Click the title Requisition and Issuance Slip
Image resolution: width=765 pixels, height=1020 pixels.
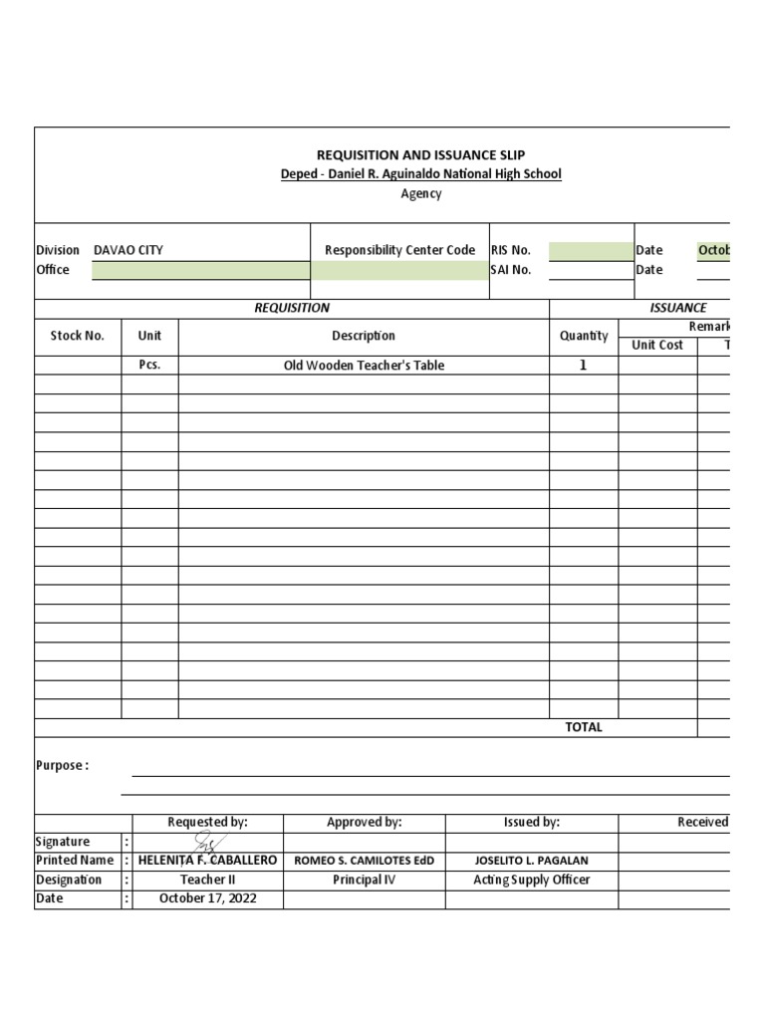point(420,154)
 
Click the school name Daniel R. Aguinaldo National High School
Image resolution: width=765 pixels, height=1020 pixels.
point(420,174)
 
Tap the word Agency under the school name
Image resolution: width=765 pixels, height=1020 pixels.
point(420,194)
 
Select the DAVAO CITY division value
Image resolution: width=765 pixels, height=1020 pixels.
point(128,250)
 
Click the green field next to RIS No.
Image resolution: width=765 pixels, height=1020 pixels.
point(591,251)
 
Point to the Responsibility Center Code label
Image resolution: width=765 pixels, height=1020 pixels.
point(399,250)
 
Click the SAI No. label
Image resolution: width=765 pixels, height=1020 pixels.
point(511,270)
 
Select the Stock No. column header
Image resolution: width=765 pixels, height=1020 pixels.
point(78,337)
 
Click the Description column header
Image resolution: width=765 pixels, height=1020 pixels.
point(364,337)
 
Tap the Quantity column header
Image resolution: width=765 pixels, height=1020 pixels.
point(584,337)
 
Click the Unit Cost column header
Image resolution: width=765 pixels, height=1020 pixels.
point(657,346)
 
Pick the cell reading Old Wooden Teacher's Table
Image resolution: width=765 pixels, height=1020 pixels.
point(364,366)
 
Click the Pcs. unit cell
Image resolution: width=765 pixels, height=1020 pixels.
point(149,366)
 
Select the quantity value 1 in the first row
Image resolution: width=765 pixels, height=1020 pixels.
point(584,366)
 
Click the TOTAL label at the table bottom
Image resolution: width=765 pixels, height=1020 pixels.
point(584,727)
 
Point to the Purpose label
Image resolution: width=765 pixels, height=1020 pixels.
point(62,766)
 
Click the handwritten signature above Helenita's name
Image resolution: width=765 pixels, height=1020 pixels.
point(208,844)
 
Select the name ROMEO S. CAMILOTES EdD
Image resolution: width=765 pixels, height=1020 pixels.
point(364,861)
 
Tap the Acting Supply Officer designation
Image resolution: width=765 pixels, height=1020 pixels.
point(531,880)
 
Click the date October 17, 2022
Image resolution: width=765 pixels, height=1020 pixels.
point(207,898)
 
